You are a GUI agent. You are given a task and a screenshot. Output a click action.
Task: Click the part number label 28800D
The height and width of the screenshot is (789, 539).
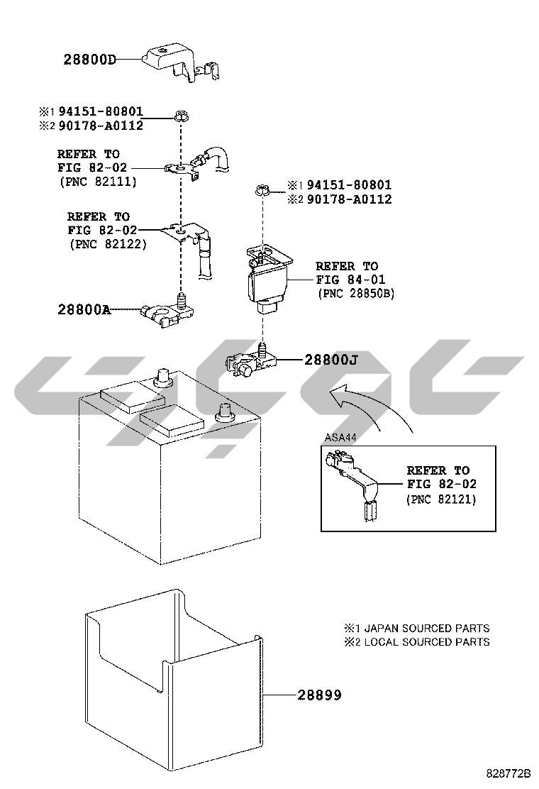click(89, 60)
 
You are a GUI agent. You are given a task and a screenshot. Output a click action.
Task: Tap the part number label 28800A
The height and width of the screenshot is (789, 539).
click(84, 309)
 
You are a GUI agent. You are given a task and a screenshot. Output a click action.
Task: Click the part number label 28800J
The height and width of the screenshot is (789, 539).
click(330, 360)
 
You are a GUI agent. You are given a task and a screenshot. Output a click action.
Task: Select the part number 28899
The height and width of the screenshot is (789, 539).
click(319, 695)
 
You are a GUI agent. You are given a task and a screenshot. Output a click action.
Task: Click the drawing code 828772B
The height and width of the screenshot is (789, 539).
click(509, 773)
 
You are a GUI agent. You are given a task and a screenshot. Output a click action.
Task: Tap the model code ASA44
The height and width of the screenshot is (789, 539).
click(340, 437)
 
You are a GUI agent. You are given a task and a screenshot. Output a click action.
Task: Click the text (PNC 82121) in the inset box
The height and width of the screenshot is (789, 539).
click(441, 500)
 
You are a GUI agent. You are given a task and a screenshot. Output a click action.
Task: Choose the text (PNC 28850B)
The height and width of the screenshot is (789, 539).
click(356, 293)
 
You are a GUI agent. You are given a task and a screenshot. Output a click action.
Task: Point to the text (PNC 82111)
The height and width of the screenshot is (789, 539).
click(98, 182)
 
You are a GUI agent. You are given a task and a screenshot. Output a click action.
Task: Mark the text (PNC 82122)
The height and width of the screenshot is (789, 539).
click(108, 244)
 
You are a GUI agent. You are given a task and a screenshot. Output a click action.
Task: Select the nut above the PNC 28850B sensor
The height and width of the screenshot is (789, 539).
click(260, 190)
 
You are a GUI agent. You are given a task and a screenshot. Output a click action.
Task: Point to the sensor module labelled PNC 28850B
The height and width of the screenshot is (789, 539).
click(268, 280)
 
